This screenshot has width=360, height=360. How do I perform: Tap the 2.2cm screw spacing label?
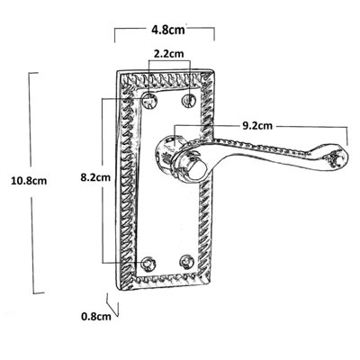click(x=170, y=55)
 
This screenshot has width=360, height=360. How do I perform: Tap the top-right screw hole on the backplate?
click(x=190, y=97)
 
